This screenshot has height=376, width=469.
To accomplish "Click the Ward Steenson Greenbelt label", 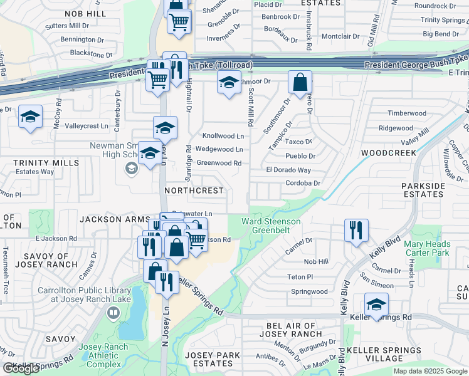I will coord(271,226).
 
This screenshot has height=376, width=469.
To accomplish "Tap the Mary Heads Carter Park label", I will coord(426,248).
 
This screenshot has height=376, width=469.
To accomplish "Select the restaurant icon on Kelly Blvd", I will coord(356,230).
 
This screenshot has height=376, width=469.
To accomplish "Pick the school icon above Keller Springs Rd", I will coord(376,305).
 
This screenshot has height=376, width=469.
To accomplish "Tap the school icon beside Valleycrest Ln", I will coord(30,117).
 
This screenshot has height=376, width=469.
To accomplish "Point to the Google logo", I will coord(21,368).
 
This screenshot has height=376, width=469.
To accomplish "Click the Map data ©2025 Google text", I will coord(430,371).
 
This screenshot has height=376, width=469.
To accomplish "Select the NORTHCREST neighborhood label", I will coord(194,190).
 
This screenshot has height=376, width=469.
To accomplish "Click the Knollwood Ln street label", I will coord(223,136).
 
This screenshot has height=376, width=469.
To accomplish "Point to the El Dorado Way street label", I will coord(288,170).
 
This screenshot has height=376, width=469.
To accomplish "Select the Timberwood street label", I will coord(406,113).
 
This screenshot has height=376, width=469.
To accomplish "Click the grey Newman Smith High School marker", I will coord(132,167).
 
